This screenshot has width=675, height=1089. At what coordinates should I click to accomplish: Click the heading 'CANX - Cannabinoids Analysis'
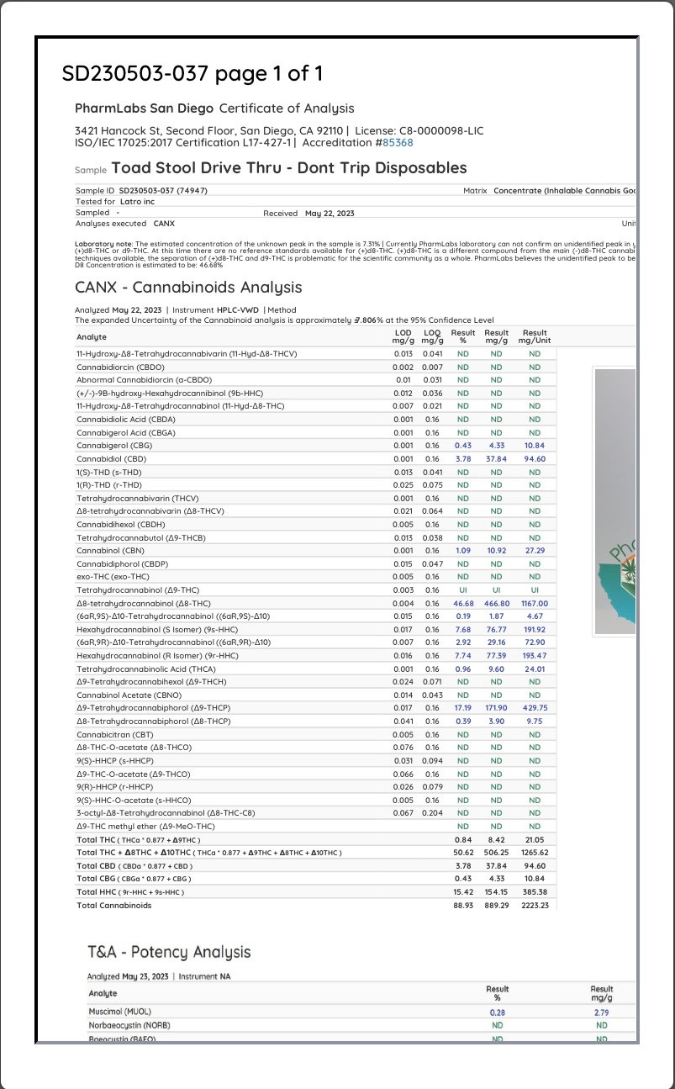pyautogui.click(x=188, y=288)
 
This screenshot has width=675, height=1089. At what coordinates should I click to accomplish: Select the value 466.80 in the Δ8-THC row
pyautogui.click(x=496, y=603)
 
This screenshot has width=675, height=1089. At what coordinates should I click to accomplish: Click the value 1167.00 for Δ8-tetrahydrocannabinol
pyautogui.click(x=534, y=603)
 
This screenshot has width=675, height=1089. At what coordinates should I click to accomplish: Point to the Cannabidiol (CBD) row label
pyautogui.click(x=111, y=459)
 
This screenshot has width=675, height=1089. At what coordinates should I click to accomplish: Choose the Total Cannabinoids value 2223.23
pyautogui.click(x=534, y=906)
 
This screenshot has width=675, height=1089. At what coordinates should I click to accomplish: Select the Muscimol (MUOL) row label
pyautogui.click(x=119, y=1012)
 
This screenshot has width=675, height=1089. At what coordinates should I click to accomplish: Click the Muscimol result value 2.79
pyautogui.click(x=601, y=1012)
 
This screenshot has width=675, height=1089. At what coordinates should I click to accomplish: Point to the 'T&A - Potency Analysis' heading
pyautogui.click(x=169, y=952)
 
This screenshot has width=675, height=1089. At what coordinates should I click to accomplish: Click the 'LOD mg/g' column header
pyautogui.click(x=403, y=336)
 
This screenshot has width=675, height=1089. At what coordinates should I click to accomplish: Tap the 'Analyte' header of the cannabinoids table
pyautogui.click(x=92, y=337)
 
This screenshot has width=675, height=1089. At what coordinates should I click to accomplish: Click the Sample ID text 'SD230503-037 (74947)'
pyautogui.click(x=163, y=191)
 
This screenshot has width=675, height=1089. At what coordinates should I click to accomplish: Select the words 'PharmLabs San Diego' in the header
pyautogui.click(x=144, y=108)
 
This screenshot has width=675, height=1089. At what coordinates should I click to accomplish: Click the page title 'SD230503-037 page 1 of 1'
pyautogui.click(x=192, y=74)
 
